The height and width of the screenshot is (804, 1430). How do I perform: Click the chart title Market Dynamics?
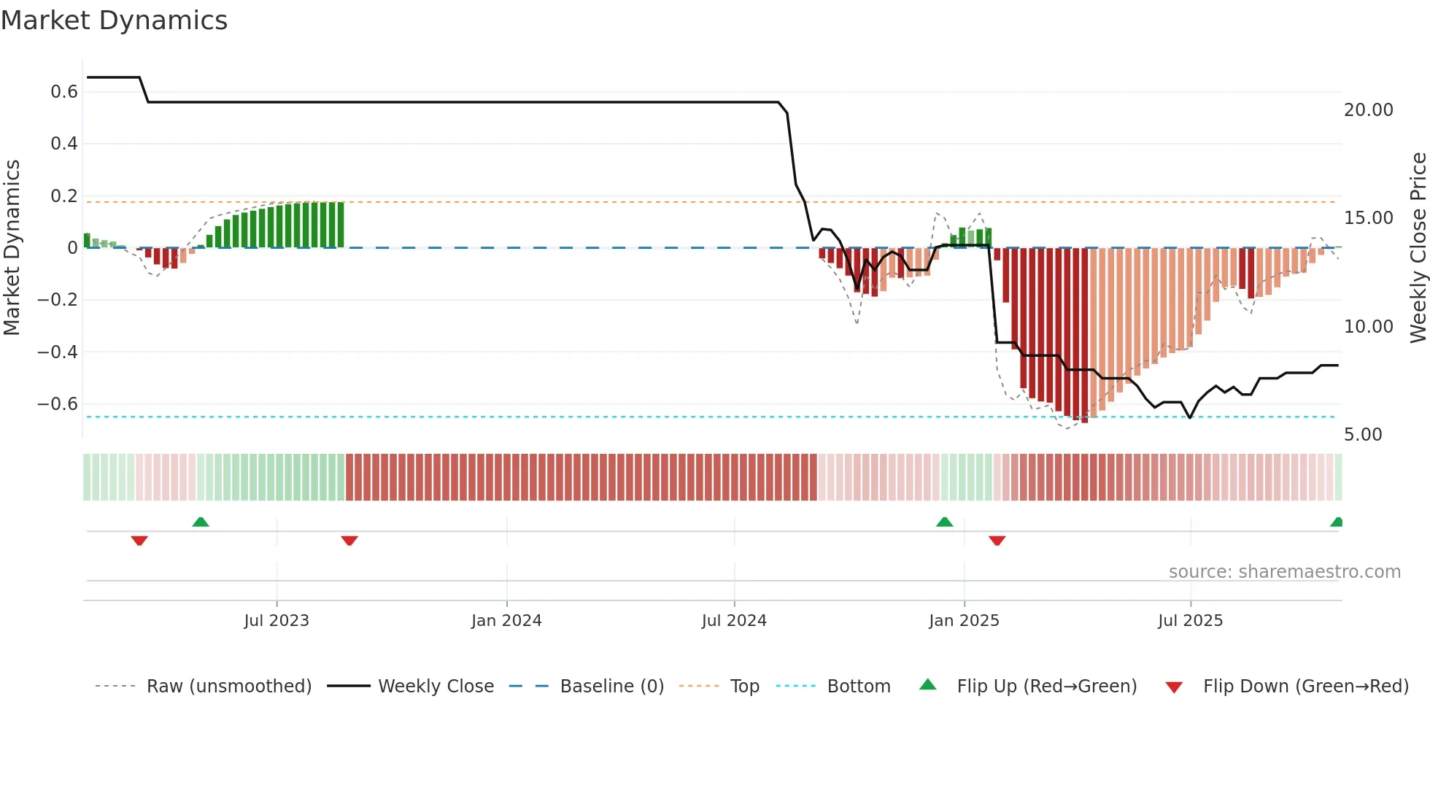[115, 20]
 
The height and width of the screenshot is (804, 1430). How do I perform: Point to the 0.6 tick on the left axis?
[64, 92]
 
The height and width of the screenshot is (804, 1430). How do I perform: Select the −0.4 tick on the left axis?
[58, 352]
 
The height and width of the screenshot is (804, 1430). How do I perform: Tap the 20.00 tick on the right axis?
[1368, 110]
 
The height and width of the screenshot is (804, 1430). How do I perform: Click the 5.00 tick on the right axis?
[1363, 435]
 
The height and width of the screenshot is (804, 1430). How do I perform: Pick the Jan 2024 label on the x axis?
[506, 621]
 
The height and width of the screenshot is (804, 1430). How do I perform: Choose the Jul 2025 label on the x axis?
[1190, 621]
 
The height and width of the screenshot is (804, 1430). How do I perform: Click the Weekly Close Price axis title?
[1418, 248]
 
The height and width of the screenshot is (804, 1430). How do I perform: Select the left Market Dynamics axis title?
[12, 248]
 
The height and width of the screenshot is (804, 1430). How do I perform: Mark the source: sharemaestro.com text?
[1284, 572]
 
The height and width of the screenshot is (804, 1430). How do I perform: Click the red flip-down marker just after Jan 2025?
[997, 541]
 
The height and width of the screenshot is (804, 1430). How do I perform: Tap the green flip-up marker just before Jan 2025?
[944, 522]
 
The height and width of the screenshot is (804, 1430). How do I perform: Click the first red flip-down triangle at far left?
[139, 541]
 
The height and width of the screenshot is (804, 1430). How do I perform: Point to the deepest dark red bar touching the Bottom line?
[1084, 336]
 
